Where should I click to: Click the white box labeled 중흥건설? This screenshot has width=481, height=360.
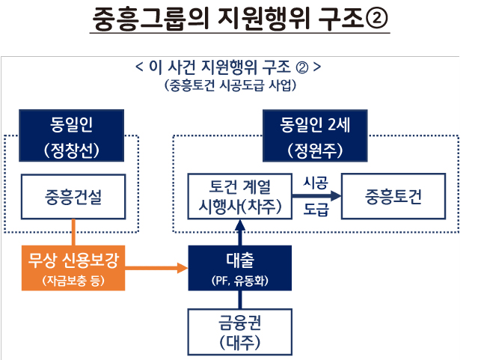pos(73,196)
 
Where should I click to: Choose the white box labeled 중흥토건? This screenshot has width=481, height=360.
pos(393,196)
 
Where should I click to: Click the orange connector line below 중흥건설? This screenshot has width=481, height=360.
pos(73,232)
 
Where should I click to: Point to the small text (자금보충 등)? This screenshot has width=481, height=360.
pos(73,281)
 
